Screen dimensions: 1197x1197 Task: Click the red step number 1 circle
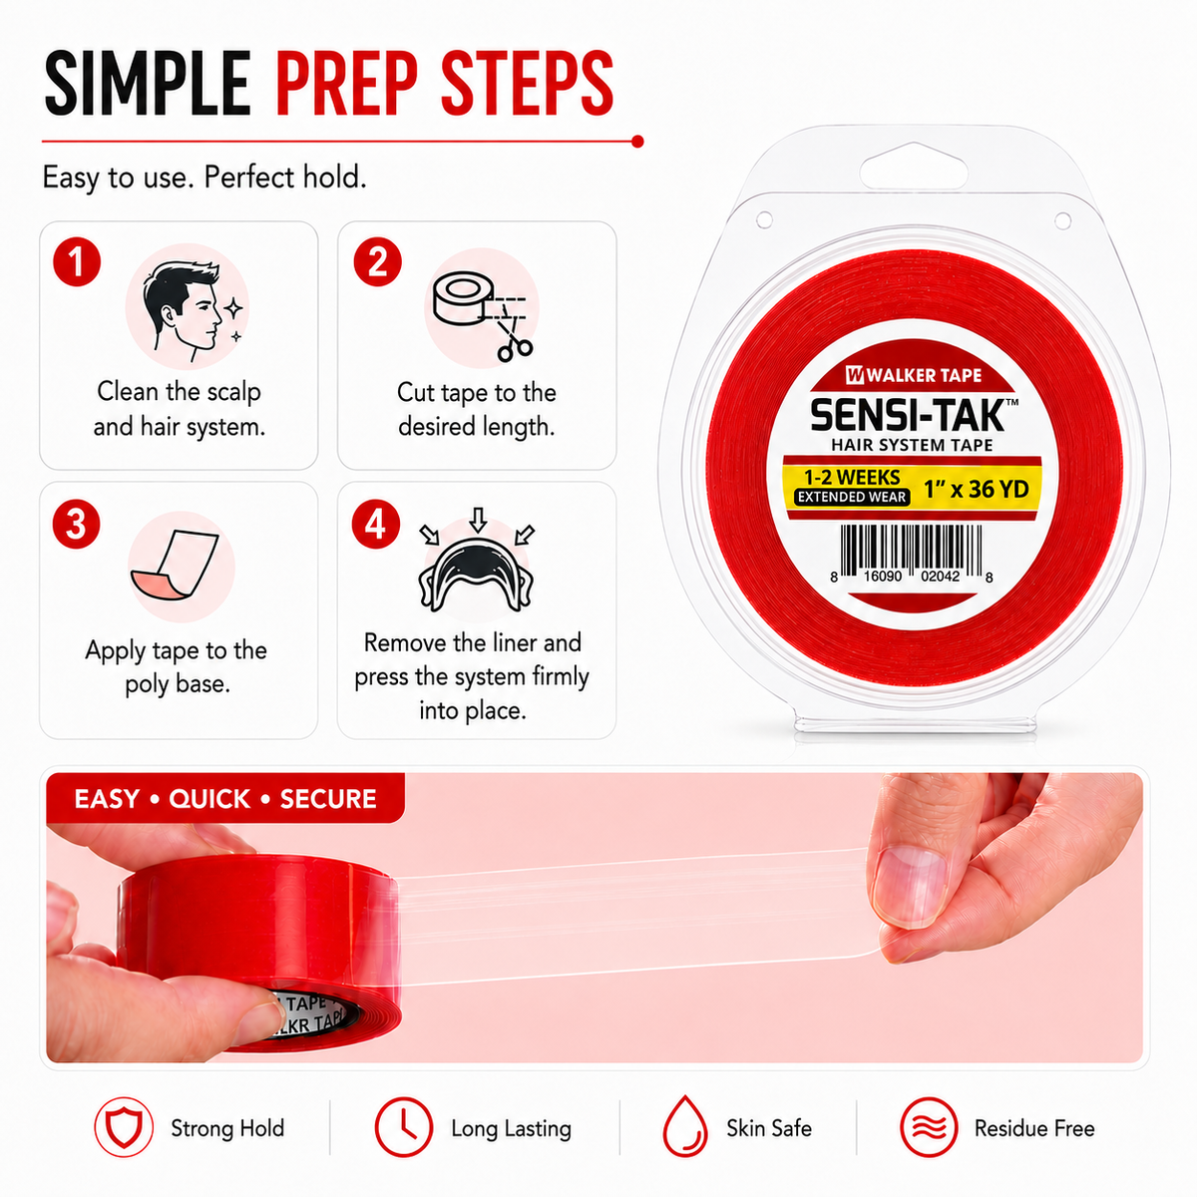tap(77, 261)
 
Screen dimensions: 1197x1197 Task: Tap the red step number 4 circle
tap(376, 525)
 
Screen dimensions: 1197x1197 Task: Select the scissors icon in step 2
tap(513, 338)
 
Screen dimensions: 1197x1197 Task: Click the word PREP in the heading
tap(347, 84)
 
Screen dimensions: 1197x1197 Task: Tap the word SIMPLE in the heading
tap(148, 84)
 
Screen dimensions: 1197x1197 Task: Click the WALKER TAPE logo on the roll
tap(913, 375)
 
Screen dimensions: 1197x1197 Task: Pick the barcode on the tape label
tap(912, 554)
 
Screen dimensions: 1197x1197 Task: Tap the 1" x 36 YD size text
tap(976, 490)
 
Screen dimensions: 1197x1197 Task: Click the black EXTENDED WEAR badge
tap(852, 497)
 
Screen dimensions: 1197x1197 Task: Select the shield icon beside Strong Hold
tap(124, 1127)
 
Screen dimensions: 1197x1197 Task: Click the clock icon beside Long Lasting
tap(404, 1127)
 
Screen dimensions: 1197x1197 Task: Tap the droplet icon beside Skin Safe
tap(685, 1127)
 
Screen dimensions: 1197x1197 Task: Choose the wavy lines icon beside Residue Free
tap(929, 1127)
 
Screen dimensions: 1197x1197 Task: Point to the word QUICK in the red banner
tap(209, 799)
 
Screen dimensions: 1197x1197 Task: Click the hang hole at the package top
tap(914, 166)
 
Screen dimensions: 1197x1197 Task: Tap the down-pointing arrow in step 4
tap(478, 520)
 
